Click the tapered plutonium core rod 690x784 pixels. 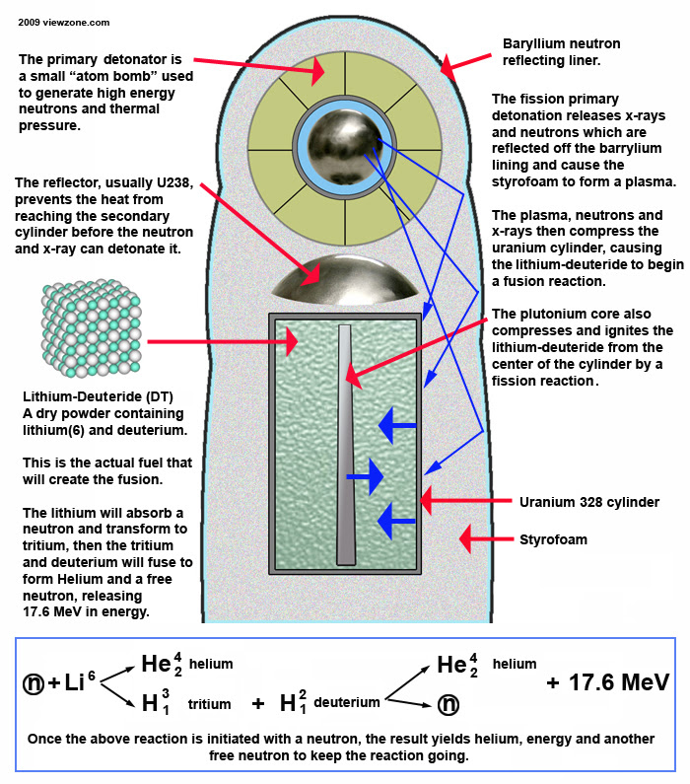pyautogui.click(x=344, y=444)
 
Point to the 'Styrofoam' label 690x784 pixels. pyautogui.click(x=553, y=539)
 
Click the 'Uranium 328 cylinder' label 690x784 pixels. pyautogui.click(x=589, y=502)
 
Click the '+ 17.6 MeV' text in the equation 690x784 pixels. pyautogui.click(x=607, y=681)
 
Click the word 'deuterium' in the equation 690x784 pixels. pyautogui.click(x=347, y=702)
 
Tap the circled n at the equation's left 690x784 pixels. pyautogui.click(x=34, y=682)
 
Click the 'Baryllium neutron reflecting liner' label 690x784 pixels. pyautogui.click(x=559, y=53)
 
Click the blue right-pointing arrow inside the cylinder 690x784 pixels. pyautogui.click(x=365, y=477)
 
